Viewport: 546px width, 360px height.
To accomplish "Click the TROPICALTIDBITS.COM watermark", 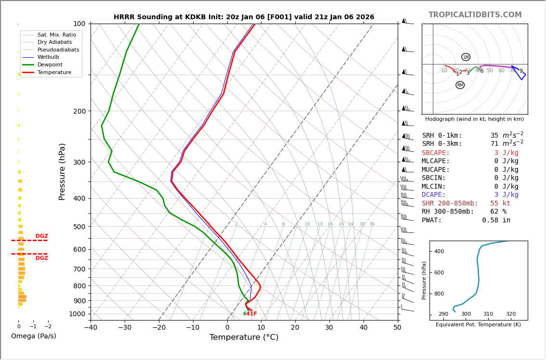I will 475,15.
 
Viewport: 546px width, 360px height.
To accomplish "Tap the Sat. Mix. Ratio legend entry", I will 56,35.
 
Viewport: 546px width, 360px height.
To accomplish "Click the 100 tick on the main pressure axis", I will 79,24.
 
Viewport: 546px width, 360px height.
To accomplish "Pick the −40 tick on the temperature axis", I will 91,328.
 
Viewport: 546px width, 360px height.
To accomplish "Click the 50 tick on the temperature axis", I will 397,328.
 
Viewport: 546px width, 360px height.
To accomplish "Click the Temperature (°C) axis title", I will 244,337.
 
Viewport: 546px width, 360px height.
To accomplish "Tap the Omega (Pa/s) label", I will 33,336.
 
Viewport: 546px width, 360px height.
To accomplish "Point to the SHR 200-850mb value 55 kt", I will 500,204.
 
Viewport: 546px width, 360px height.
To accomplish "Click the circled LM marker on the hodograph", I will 466,57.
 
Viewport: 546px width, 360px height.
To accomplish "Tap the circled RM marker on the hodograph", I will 460,85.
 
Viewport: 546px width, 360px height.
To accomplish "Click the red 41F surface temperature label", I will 252,314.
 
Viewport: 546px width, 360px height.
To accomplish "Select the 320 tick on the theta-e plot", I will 510,314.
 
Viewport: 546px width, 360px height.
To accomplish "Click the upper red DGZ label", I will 41,236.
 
